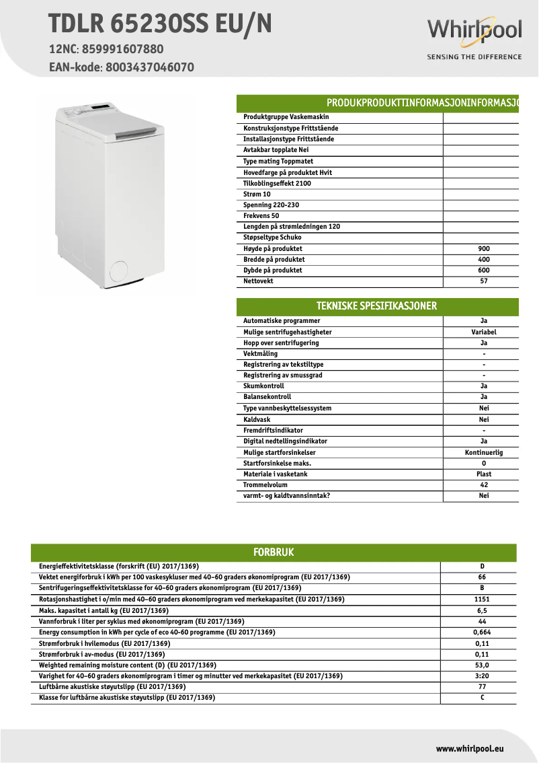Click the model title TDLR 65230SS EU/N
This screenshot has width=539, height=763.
(161, 24)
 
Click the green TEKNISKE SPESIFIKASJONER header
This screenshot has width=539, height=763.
(376, 306)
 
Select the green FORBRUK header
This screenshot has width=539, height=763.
(274, 552)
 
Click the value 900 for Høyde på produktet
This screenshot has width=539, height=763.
(483, 249)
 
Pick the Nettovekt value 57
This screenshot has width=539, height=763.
(483, 281)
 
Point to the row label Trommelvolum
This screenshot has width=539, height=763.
(265, 485)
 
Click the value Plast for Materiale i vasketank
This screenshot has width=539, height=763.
(483, 474)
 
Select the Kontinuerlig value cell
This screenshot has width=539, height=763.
(483, 453)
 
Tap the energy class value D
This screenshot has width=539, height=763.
(482, 567)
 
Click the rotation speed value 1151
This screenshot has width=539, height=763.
(482, 599)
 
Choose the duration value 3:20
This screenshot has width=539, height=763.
(482, 676)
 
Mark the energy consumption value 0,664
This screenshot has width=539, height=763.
(482, 632)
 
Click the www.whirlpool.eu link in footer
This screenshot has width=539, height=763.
(470, 748)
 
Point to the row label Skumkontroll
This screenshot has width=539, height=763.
(263, 386)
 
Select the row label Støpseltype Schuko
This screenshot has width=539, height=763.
(272, 238)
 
